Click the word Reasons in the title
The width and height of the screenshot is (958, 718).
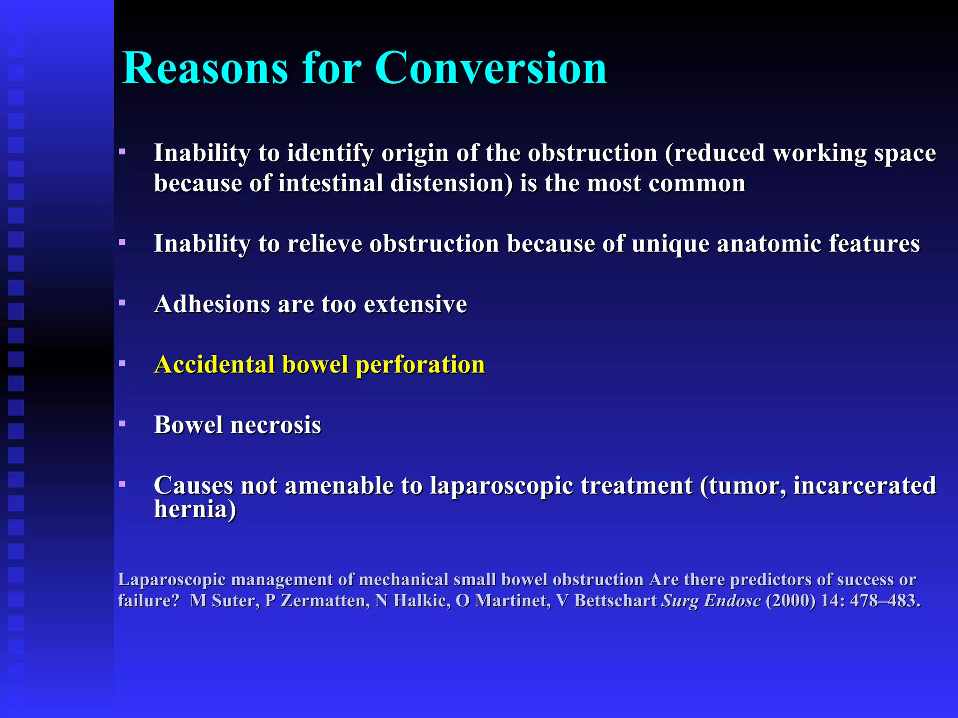(x=205, y=68)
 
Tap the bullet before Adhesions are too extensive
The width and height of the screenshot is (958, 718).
(x=122, y=303)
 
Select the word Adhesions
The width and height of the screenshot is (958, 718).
(x=212, y=304)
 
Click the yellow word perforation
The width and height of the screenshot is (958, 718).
(x=420, y=365)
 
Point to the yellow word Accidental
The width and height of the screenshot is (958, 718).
(x=215, y=365)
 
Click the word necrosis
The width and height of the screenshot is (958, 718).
(x=276, y=425)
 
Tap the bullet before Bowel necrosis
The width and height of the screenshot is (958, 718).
(x=122, y=424)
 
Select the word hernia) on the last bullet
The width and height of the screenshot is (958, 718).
(x=195, y=510)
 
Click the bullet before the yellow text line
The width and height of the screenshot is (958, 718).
(x=122, y=363)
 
